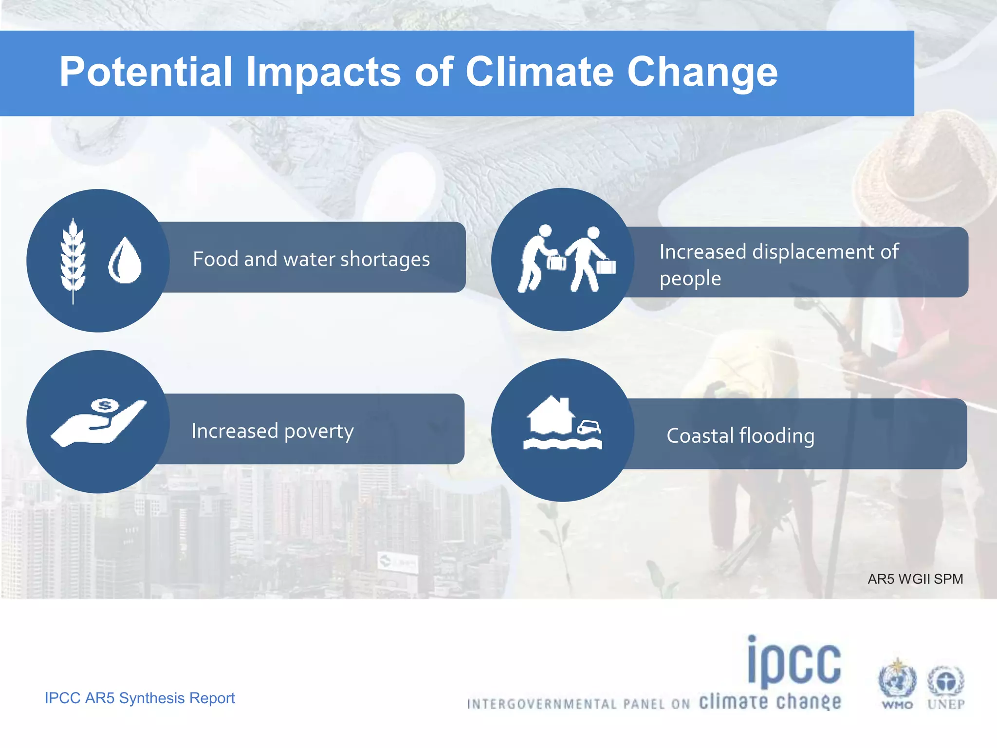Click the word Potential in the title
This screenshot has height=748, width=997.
[x=145, y=72]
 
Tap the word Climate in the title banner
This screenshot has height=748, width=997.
[x=539, y=72]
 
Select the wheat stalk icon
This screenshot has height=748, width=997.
[x=73, y=261]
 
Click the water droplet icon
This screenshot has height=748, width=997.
[x=125, y=261]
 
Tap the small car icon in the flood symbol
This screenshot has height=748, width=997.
[x=590, y=427]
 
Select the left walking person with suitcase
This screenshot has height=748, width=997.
[x=538, y=258]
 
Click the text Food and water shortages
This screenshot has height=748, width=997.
[x=311, y=259]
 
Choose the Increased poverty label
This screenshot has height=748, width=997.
[x=273, y=431]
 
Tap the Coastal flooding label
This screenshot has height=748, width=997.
[x=740, y=436]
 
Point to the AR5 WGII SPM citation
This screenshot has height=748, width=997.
[x=915, y=579]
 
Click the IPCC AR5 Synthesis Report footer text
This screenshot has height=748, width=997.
[x=140, y=698]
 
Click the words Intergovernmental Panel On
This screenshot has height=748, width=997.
[x=578, y=704]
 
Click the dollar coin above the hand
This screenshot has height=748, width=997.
[x=105, y=405]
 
